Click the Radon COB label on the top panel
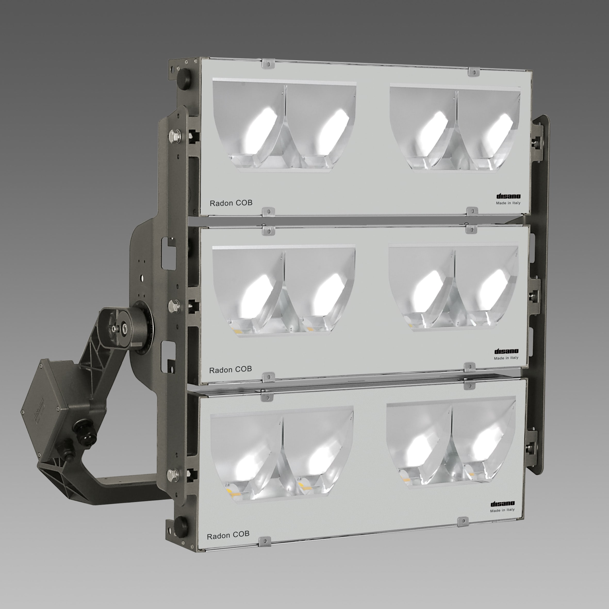[231, 203]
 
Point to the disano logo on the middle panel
[506, 351]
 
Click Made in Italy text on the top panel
[508, 203]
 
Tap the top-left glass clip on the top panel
[268, 63]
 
